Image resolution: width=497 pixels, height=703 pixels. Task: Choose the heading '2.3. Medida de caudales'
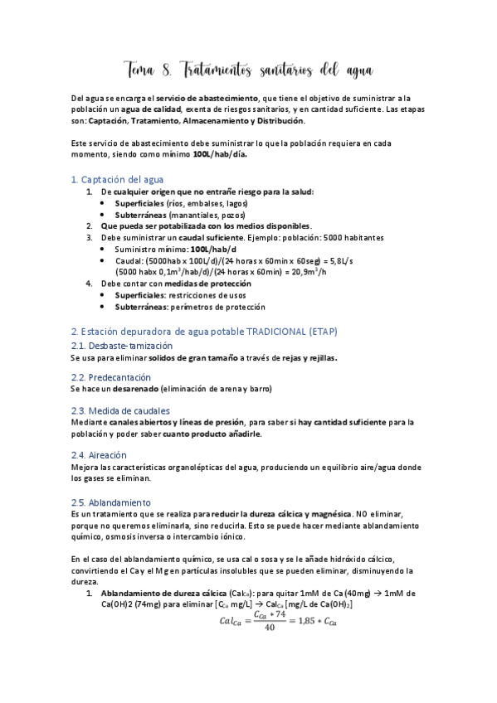pos(121,410)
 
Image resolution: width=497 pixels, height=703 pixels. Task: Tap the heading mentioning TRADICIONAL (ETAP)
pos(204,331)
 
